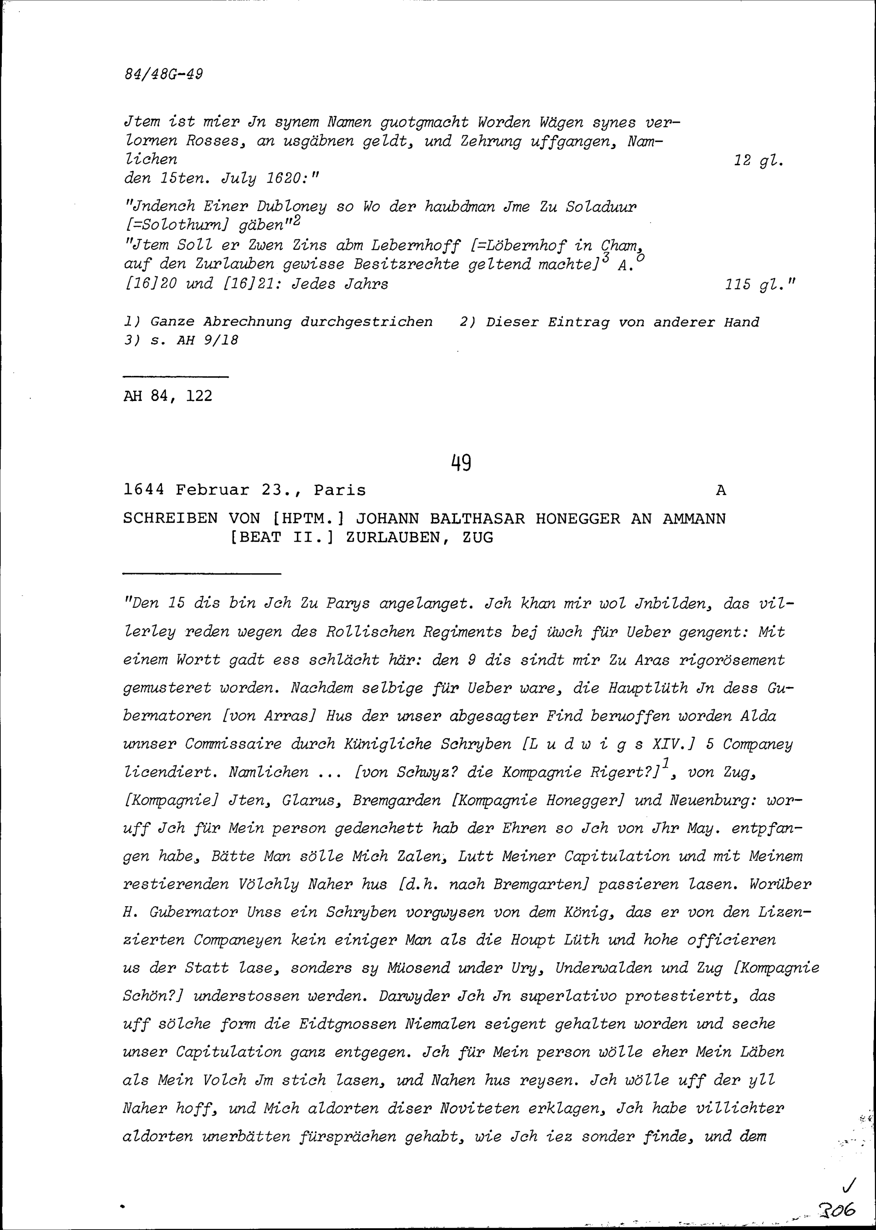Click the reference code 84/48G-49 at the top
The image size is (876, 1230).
click(x=163, y=74)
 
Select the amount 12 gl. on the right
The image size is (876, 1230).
click(x=758, y=161)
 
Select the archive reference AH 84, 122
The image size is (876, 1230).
click(x=168, y=396)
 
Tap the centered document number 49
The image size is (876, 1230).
click(x=461, y=463)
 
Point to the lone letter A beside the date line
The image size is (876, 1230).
click(x=721, y=491)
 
